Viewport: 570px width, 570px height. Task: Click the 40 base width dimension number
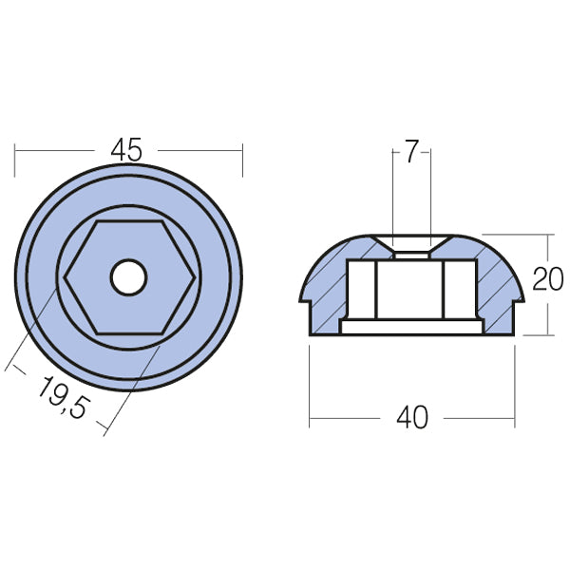[x=412, y=417]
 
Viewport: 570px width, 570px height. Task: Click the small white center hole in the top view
[x=127, y=277]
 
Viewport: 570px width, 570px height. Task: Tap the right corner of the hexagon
[x=195, y=277]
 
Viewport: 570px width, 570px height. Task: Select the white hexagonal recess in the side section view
[x=410, y=290]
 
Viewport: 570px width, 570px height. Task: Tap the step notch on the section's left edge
[x=307, y=302]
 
